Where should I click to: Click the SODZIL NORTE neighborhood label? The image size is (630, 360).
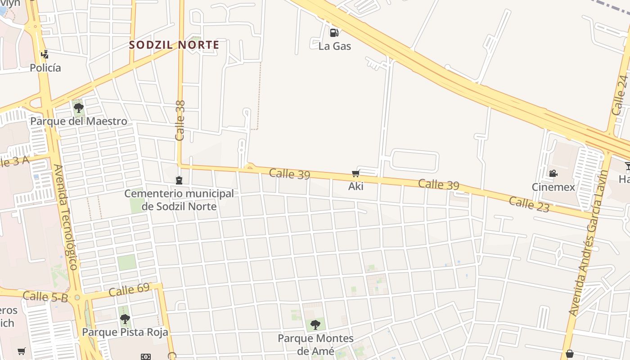click(174, 45)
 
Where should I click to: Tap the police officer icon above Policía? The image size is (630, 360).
click(45, 55)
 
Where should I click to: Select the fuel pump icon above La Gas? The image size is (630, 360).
click(334, 32)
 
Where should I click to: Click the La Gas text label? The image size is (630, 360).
click(334, 46)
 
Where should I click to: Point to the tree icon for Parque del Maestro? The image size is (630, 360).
click(78, 108)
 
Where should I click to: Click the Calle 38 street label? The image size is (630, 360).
click(180, 120)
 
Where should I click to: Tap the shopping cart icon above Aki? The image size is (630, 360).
click(355, 174)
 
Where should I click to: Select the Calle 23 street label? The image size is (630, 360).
click(529, 204)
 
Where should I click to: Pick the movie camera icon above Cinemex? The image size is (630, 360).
click(553, 173)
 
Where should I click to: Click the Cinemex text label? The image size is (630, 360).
click(553, 187)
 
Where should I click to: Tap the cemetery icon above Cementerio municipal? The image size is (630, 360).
click(179, 180)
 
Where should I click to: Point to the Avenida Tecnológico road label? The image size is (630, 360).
click(66, 217)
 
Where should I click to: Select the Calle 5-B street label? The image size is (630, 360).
click(45, 297)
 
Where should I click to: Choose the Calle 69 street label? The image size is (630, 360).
click(129, 290)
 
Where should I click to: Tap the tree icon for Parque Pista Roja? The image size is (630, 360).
click(125, 319)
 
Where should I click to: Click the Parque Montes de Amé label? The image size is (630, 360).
click(315, 344)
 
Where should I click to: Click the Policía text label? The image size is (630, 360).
click(45, 68)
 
